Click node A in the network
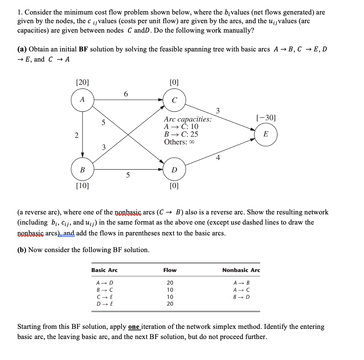[82, 99]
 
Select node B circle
[82, 169]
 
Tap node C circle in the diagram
[174, 100]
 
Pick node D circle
[174, 169]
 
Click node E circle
[266, 134]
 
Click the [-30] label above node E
[266, 118]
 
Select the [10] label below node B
[82, 186]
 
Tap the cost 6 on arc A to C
[126, 94]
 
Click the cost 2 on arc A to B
[76, 136]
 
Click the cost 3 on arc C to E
[217, 110]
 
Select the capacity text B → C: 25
[181, 134]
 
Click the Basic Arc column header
[104, 270]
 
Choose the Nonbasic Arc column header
[241, 270]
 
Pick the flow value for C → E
[170, 297]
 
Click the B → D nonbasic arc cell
[241, 297]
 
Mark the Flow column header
[170, 270]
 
